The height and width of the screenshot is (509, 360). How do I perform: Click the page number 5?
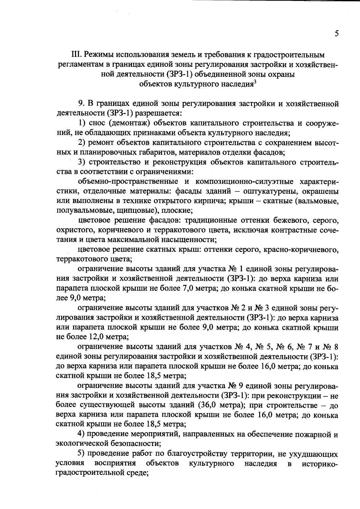coord(337,34)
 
